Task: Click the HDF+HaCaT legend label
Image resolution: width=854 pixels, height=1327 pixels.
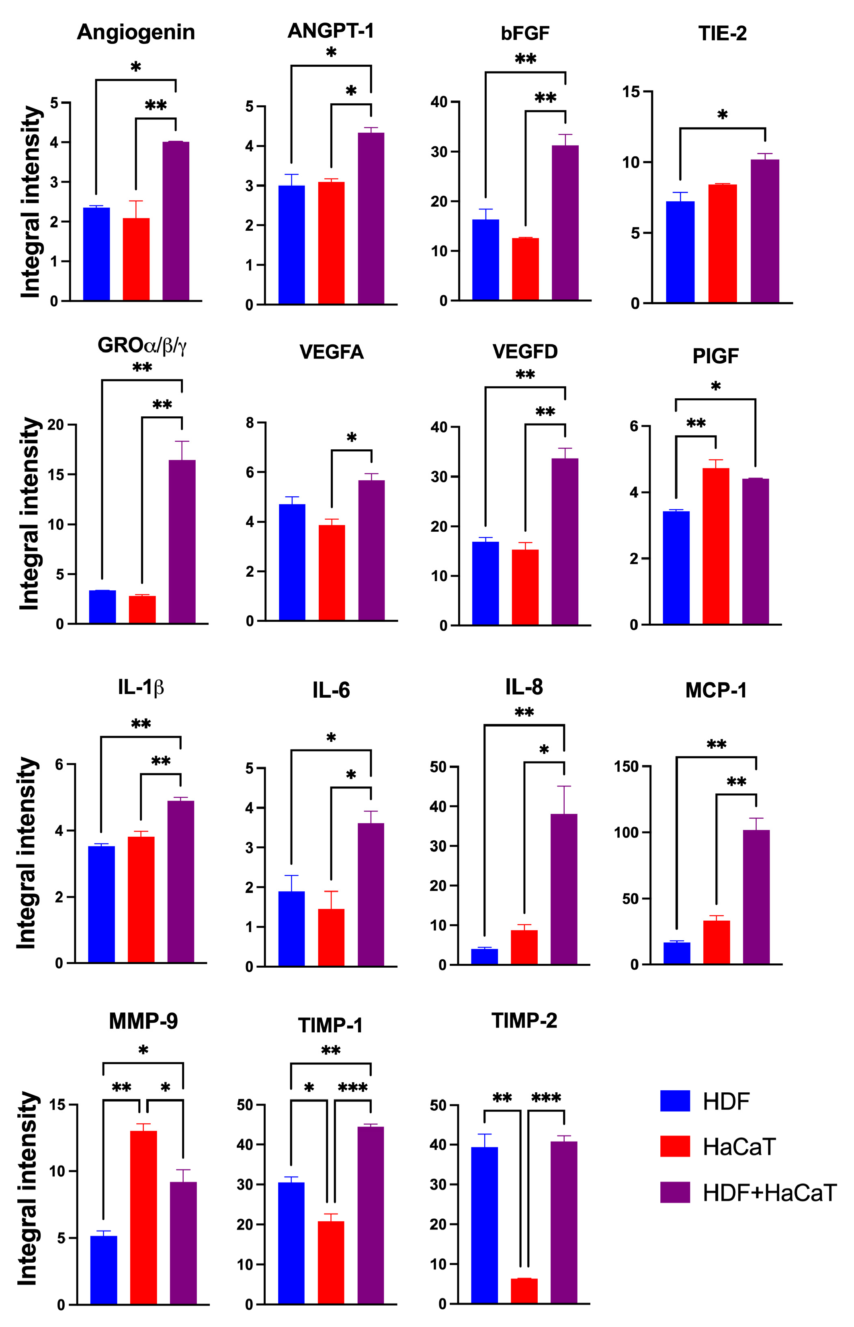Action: (770, 1192)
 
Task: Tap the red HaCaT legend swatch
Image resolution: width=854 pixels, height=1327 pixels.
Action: (675, 1146)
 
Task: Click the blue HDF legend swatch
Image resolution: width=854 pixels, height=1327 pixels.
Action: (675, 1101)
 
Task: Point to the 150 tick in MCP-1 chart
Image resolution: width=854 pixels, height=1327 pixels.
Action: (625, 766)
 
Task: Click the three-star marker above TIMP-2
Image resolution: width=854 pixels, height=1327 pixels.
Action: (546, 1098)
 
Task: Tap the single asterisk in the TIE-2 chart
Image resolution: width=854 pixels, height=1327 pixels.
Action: (722, 115)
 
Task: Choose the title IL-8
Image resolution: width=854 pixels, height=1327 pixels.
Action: (524, 687)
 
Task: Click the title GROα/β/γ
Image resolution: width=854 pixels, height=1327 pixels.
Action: (142, 346)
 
